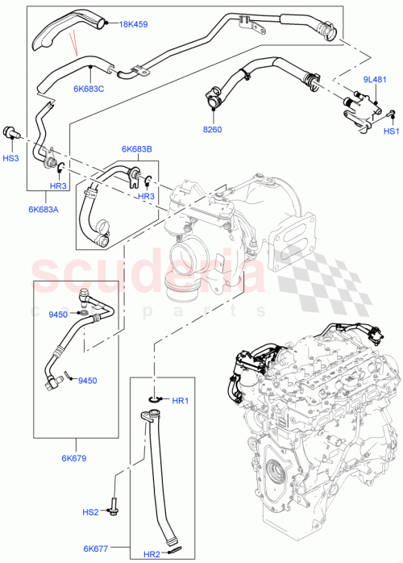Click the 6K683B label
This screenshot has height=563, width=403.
coord(137,148)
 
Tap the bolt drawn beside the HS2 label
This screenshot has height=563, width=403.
coord(116,509)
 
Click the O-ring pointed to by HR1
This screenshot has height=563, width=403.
coord(155,399)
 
